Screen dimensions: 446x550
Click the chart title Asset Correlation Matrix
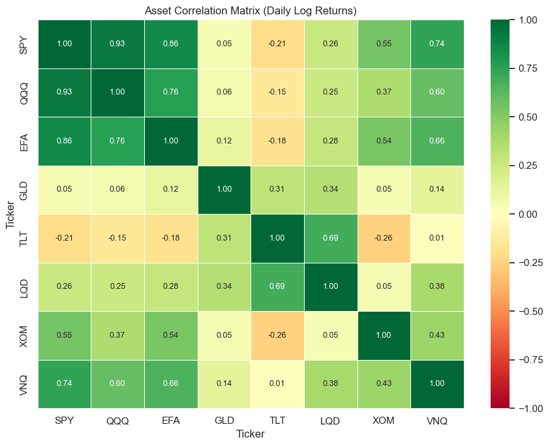[x=251, y=10]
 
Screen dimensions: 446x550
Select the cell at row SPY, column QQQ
[x=117, y=44]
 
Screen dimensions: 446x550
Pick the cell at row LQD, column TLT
[x=277, y=287]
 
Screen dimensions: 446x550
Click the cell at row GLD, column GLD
[x=224, y=190]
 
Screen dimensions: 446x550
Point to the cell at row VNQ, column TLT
[x=277, y=384]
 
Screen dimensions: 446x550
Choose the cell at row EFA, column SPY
[x=64, y=141]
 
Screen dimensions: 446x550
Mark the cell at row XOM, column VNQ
[x=437, y=336]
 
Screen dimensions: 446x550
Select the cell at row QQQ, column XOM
[x=384, y=93]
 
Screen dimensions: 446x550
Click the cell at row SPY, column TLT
[x=277, y=44]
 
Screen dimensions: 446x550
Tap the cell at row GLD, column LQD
[x=330, y=190]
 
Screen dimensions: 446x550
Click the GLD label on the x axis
[x=224, y=421]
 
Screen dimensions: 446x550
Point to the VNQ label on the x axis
[x=437, y=421]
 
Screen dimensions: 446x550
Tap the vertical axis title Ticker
[x=10, y=215]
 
